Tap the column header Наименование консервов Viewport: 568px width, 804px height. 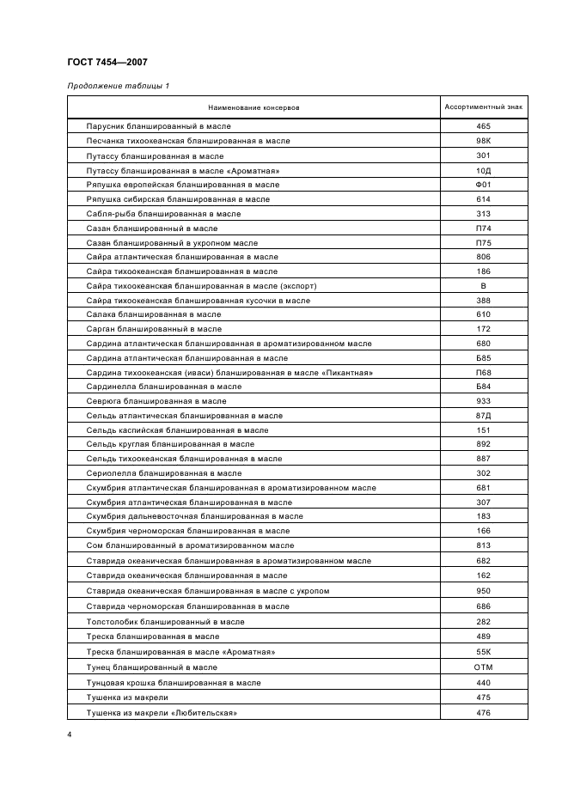coord(253,107)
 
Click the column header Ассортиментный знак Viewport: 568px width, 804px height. coord(483,107)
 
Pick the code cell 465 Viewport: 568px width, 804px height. coord(483,126)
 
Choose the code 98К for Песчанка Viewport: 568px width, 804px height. coord(483,141)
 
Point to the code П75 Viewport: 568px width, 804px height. coord(483,243)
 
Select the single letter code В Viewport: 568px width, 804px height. coord(483,286)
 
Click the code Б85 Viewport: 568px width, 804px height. coord(483,357)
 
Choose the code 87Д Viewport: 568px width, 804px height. coord(483,416)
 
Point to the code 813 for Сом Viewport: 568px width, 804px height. coord(483,545)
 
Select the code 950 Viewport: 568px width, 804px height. coord(483,591)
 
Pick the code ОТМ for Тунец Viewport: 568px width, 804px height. coord(483,667)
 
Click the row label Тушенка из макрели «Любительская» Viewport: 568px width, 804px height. coord(162,713)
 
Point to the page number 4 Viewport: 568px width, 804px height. coord(70,735)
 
